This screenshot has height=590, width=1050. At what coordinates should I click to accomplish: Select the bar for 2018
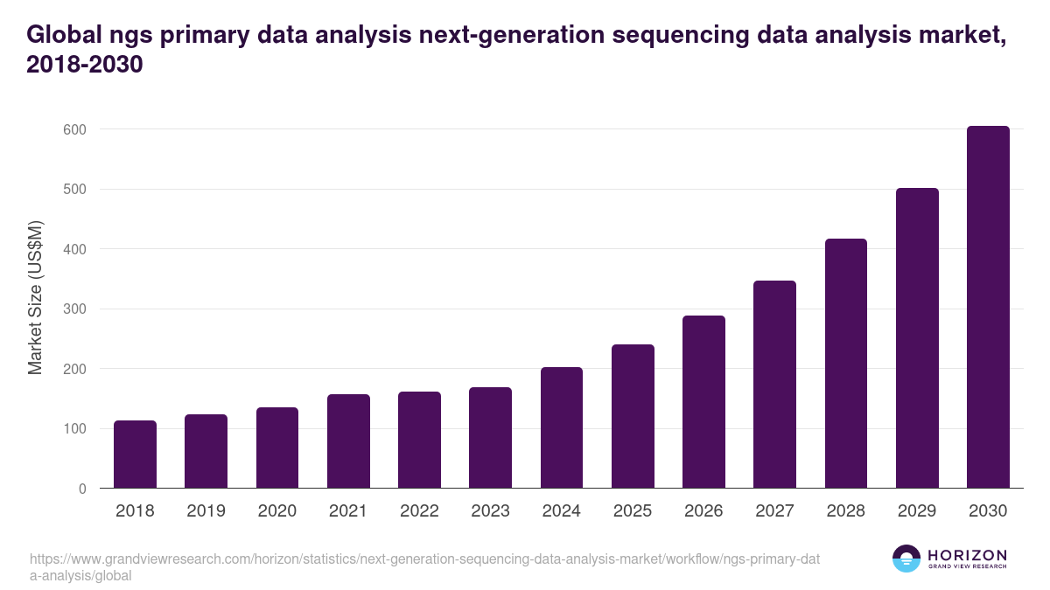135,455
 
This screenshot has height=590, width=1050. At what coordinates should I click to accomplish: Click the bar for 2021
348,441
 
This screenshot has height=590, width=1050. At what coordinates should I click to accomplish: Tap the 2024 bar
562,427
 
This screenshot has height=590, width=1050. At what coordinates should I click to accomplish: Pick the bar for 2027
774,385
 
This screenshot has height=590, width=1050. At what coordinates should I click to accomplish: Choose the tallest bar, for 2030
988,307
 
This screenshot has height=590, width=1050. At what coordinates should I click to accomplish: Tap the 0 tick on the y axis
82,489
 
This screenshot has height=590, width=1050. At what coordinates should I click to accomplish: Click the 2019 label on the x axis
206,511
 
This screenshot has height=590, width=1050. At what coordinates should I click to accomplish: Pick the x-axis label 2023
490,511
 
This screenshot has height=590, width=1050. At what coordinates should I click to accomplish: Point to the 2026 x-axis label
703,511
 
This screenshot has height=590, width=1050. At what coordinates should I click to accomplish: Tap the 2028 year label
846,511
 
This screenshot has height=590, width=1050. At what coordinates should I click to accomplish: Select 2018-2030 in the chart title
84,65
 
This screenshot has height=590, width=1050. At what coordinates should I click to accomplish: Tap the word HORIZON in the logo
967,555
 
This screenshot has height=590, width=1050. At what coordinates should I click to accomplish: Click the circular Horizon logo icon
906,559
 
